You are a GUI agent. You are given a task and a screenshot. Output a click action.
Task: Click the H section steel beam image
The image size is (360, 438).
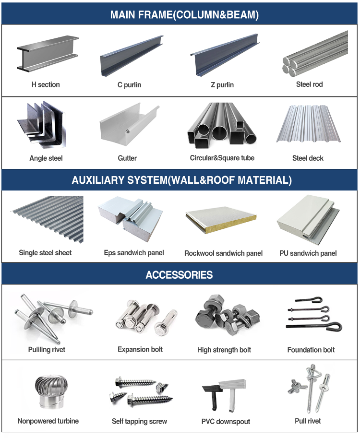point(48,54)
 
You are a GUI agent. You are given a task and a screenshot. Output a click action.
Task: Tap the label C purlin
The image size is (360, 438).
point(130,84)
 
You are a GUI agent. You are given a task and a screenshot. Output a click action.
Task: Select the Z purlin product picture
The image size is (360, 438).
point(225,55)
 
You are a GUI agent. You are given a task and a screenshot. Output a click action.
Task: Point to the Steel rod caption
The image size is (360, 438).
point(310,84)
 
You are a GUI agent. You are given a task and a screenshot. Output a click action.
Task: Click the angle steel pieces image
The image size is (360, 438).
point(42,125)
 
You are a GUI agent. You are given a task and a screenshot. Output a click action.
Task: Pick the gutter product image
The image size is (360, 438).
point(129,124)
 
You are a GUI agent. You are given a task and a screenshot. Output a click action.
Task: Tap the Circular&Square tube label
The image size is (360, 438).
point(222,158)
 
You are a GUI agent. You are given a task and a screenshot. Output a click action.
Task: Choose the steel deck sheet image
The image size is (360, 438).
point(308,124)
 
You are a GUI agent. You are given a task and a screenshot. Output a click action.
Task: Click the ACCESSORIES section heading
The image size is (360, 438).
point(179,275)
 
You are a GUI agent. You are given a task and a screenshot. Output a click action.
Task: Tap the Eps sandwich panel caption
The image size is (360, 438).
point(134,253)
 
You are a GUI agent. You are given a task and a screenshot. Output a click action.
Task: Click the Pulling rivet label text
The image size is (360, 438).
point(47,349)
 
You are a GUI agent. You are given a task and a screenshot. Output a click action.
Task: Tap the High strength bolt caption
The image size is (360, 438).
point(224,350)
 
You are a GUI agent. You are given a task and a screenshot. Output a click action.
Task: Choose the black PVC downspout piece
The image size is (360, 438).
point(213,395)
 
